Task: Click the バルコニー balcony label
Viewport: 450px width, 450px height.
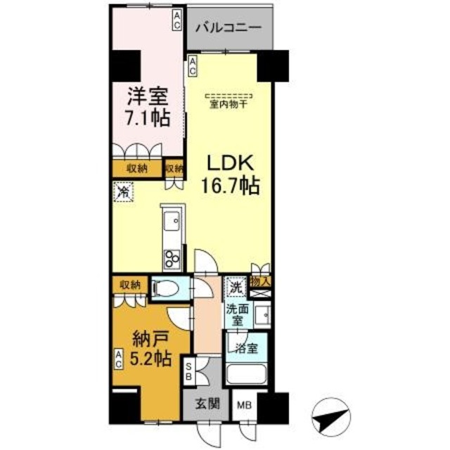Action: pos(229,29)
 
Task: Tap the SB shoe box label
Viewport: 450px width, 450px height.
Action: pos(188,371)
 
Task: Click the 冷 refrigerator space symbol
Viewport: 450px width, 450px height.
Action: pos(123,191)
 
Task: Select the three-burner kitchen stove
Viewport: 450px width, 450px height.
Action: pos(171,258)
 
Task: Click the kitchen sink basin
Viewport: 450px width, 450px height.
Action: pos(172,224)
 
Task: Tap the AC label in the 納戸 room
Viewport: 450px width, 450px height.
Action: pos(119,359)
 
